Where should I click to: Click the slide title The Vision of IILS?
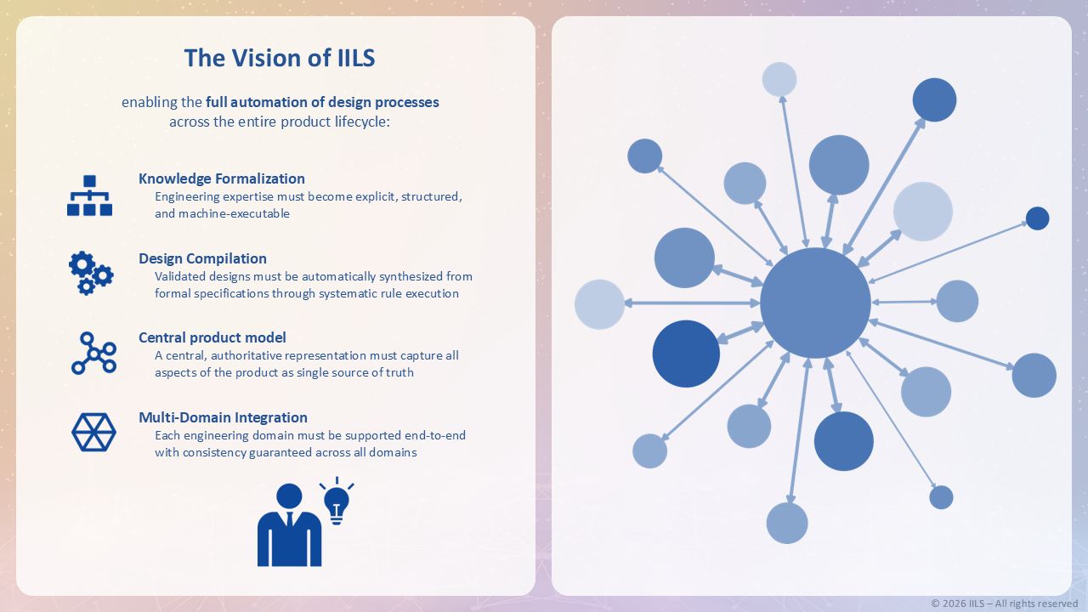point(280,58)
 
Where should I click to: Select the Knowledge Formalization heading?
point(222,178)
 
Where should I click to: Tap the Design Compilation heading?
point(202,258)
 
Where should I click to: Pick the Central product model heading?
point(212,337)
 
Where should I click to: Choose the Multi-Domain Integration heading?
point(223,417)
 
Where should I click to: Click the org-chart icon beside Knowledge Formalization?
point(90,195)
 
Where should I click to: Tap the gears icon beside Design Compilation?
point(91,273)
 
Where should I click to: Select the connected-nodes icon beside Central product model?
point(93,354)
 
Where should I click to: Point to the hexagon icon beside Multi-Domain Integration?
point(93,432)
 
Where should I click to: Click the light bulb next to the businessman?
point(337,501)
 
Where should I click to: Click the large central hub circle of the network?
point(815,303)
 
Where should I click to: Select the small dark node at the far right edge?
point(1037,218)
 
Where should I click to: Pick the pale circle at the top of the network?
point(779,79)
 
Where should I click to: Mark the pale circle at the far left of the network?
point(600,303)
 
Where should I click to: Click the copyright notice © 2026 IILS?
point(1004,603)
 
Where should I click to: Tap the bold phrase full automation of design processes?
point(322,102)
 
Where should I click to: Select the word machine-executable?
point(234,213)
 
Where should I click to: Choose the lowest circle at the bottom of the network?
point(787,523)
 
